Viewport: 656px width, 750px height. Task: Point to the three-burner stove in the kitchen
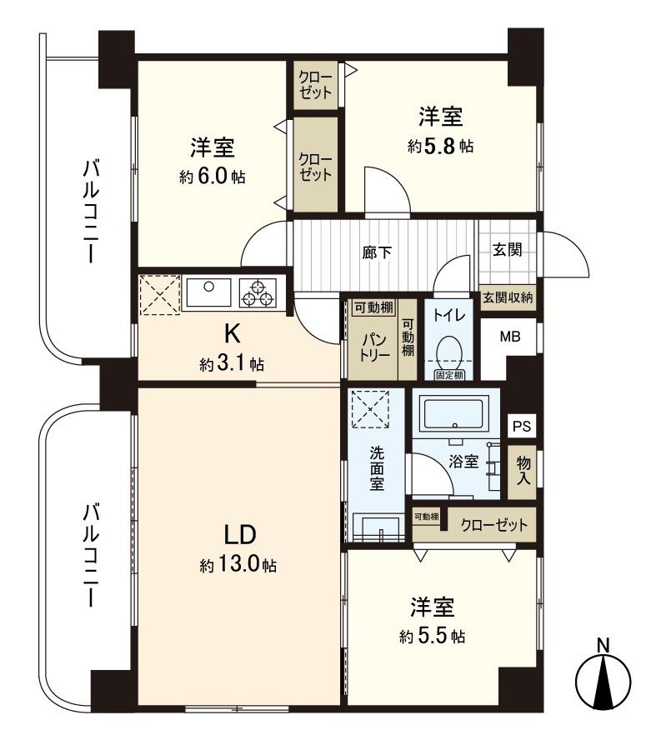coord(257,293)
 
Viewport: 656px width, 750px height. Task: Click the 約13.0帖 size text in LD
coord(238,566)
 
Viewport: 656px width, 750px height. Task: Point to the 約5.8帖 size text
coord(441,146)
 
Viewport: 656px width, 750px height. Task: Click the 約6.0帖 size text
coord(212,177)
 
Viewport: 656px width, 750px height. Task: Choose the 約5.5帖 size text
coord(432,637)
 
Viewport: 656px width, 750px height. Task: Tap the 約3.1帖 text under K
coord(232,364)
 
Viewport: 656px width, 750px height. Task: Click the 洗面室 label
coord(378,469)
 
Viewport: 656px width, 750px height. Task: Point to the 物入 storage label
coord(523,470)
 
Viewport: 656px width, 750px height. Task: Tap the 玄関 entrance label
coord(507,249)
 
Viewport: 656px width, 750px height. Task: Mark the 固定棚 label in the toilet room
coord(449,376)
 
